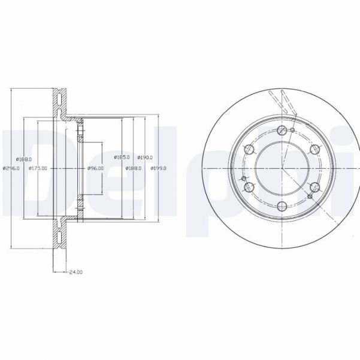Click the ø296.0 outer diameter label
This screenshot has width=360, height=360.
[11, 168]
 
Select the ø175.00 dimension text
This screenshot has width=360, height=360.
[39, 168]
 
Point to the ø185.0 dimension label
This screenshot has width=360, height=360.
[122, 158]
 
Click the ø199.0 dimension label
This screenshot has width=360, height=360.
[159, 168]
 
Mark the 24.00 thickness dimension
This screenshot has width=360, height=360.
[75, 273]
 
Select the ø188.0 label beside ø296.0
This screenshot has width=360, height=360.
[24, 159]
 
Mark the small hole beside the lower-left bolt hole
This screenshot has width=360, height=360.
[243, 179]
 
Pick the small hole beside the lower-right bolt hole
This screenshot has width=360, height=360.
[309, 196]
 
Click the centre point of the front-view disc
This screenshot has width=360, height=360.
[282, 168]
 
